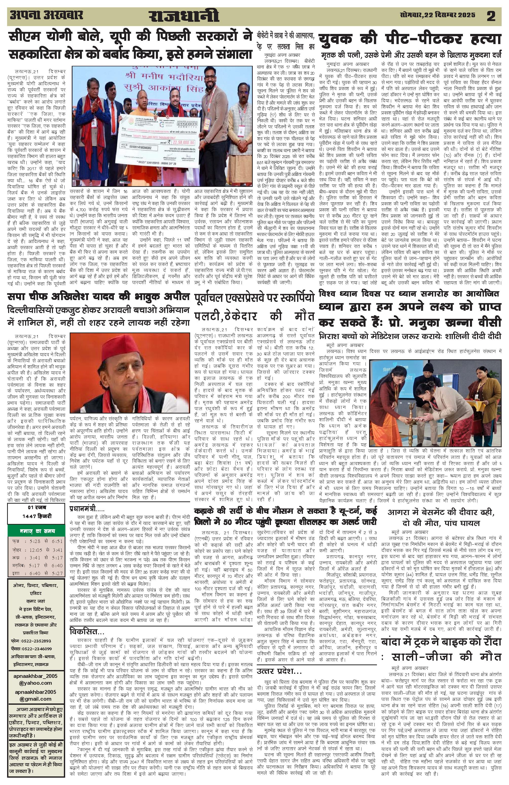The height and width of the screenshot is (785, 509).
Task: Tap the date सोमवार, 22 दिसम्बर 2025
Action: tap(437, 15)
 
